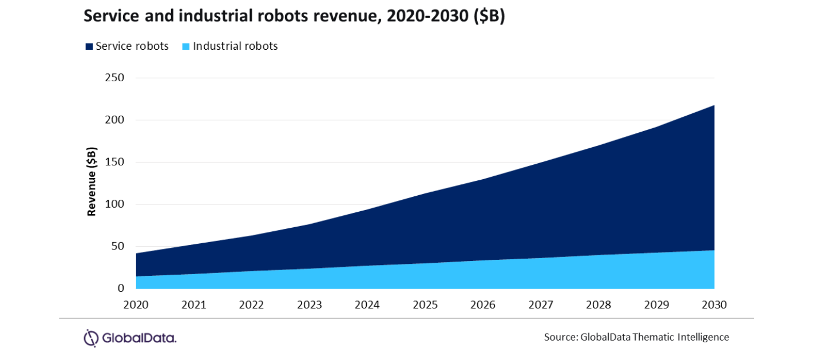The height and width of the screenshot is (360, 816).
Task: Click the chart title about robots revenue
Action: pos(294,18)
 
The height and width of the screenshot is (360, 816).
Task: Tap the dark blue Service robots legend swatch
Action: pos(89,47)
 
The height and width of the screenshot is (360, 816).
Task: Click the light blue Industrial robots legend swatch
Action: pos(187,47)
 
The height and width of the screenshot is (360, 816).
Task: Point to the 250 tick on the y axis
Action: pos(114,78)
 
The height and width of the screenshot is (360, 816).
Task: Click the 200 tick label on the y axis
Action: pos(114,120)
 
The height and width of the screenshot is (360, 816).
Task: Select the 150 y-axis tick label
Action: pos(114,162)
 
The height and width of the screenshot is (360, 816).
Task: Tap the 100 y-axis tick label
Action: pos(114,204)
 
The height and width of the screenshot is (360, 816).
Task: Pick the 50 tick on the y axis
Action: pos(117,247)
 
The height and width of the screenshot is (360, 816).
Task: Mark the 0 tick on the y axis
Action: pos(121,288)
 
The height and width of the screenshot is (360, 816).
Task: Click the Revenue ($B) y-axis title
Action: pos(92,182)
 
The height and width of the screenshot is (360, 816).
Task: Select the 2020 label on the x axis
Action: pos(136,305)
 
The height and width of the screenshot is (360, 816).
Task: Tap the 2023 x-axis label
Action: pos(309,305)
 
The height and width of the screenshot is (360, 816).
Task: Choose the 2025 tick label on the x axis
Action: pos(425,305)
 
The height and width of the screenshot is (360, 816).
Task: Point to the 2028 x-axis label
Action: pos(599,305)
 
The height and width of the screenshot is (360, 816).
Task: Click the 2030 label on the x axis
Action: pos(714,305)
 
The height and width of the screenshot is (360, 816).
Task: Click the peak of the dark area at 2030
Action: pos(714,106)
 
